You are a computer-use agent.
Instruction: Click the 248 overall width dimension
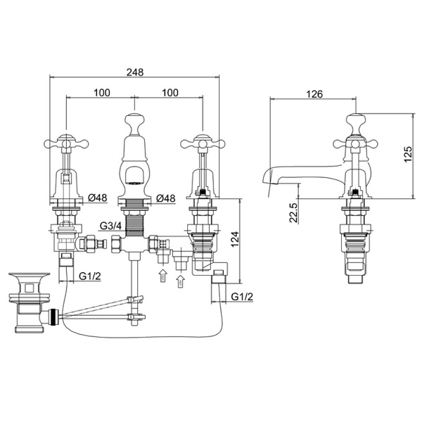click(x=136, y=72)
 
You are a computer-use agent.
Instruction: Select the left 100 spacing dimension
click(x=103, y=92)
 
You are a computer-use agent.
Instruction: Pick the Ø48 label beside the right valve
click(x=167, y=198)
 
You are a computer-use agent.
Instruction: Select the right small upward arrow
click(x=179, y=281)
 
